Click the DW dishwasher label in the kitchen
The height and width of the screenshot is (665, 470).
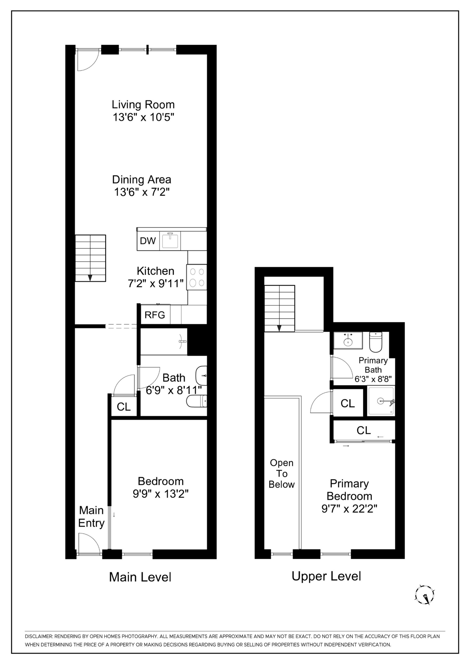[x=148, y=241]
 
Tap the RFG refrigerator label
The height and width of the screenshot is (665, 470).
[x=155, y=315]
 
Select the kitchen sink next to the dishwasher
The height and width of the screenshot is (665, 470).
[x=170, y=241]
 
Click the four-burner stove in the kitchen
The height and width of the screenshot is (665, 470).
[x=197, y=277]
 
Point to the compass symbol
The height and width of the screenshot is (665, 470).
[x=424, y=595]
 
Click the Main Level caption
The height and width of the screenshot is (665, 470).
[x=140, y=577]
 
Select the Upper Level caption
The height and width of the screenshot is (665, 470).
[x=326, y=576]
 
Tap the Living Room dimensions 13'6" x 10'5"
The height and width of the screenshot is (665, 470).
[x=143, y=117]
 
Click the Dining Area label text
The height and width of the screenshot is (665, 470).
[x=142, y=180]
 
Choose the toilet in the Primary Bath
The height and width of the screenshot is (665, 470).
[x=376, y=342]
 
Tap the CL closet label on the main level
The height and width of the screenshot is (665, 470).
[x=124, y=407]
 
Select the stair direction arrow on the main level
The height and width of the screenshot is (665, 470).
[x=90, y=277]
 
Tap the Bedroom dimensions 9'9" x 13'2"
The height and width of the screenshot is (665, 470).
[x=160, y=494]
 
